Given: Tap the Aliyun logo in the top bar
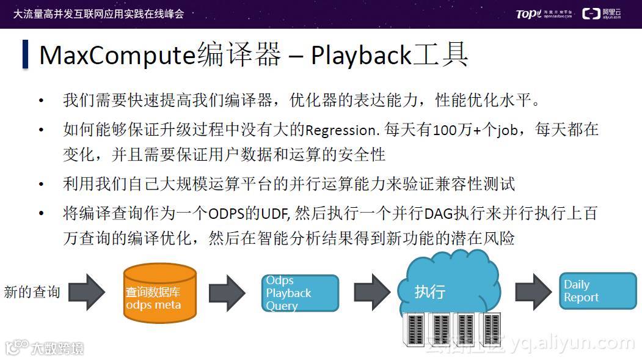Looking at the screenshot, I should pyautogui.click(x=602, y=13).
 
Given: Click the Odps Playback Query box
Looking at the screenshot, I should pyautogui.click(x=300, y=293).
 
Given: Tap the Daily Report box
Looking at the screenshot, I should pyautogui.click(x=588, y=291).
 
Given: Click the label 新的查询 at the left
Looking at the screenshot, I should pyautogui.click(x=32, y=292).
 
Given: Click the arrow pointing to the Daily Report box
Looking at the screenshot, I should pyautogui.click(x=533, y=292).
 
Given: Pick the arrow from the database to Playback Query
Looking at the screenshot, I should pyautogui.click(x=227, y=292).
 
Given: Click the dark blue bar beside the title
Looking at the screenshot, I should pyautogui.click(x=26, y=54).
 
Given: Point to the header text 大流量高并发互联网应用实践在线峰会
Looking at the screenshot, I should pyautogui.click(x=98, y=13).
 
